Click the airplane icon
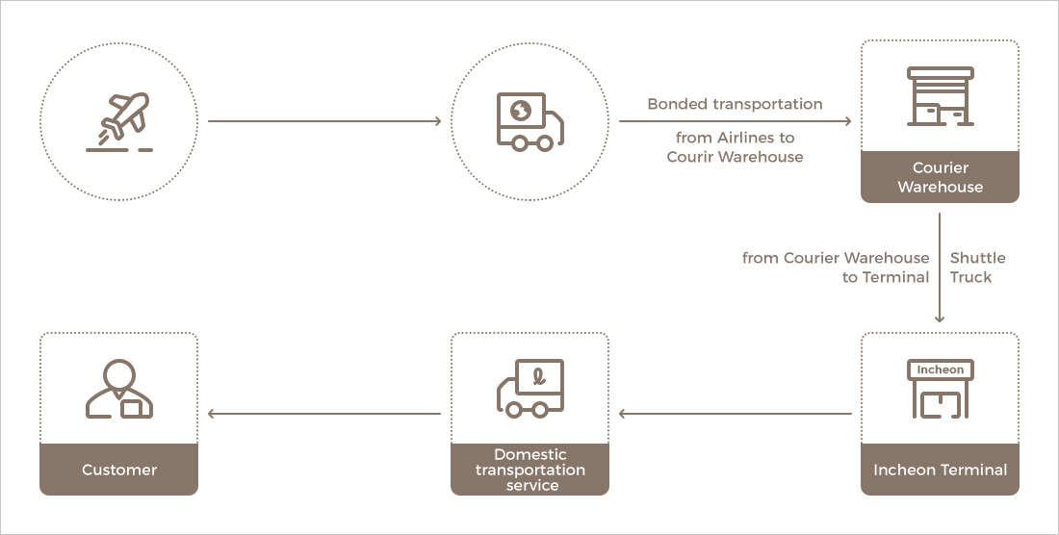coord(120,119)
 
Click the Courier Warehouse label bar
coord(940,177)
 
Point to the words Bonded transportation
coord(735,104)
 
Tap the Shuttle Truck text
coord(977,267)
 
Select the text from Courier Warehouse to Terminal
coord(836,267)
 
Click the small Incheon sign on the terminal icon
coord(940,369)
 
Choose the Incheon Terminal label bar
coord(940,470)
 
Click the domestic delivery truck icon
coord(529,389)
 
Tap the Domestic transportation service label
coord(529,470)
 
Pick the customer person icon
coord(119,390)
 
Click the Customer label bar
coord(119,470)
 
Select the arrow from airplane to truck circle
coord(324,121)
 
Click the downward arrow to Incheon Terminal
coord(940,269)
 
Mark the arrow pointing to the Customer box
coord(324,414)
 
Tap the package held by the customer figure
coord(136,408)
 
